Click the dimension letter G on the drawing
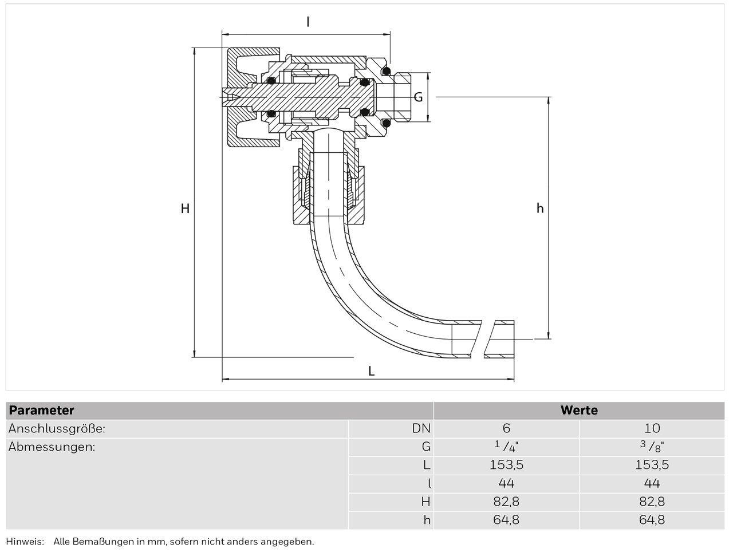pos(418,97)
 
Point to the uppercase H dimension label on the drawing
pos(185,209)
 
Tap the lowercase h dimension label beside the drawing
pos(539,208)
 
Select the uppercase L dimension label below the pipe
pos(371,371)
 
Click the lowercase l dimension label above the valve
pos(308,22)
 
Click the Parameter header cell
pos(42,411)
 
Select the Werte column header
pos(579,411)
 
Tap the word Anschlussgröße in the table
pos(57,428)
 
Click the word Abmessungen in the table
pos(52,447)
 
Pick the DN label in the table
pos(421,428)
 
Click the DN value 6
pos(506,428)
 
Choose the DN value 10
pos(652,428)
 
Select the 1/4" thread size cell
pos(506,447)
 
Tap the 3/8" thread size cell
pos(652,447)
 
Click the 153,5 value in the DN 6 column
pos(506,465)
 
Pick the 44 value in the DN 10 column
pos(652,483)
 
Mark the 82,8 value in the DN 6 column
pos(506,502)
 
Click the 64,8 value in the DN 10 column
pos(652,520)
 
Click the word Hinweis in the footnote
pos(25,541)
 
